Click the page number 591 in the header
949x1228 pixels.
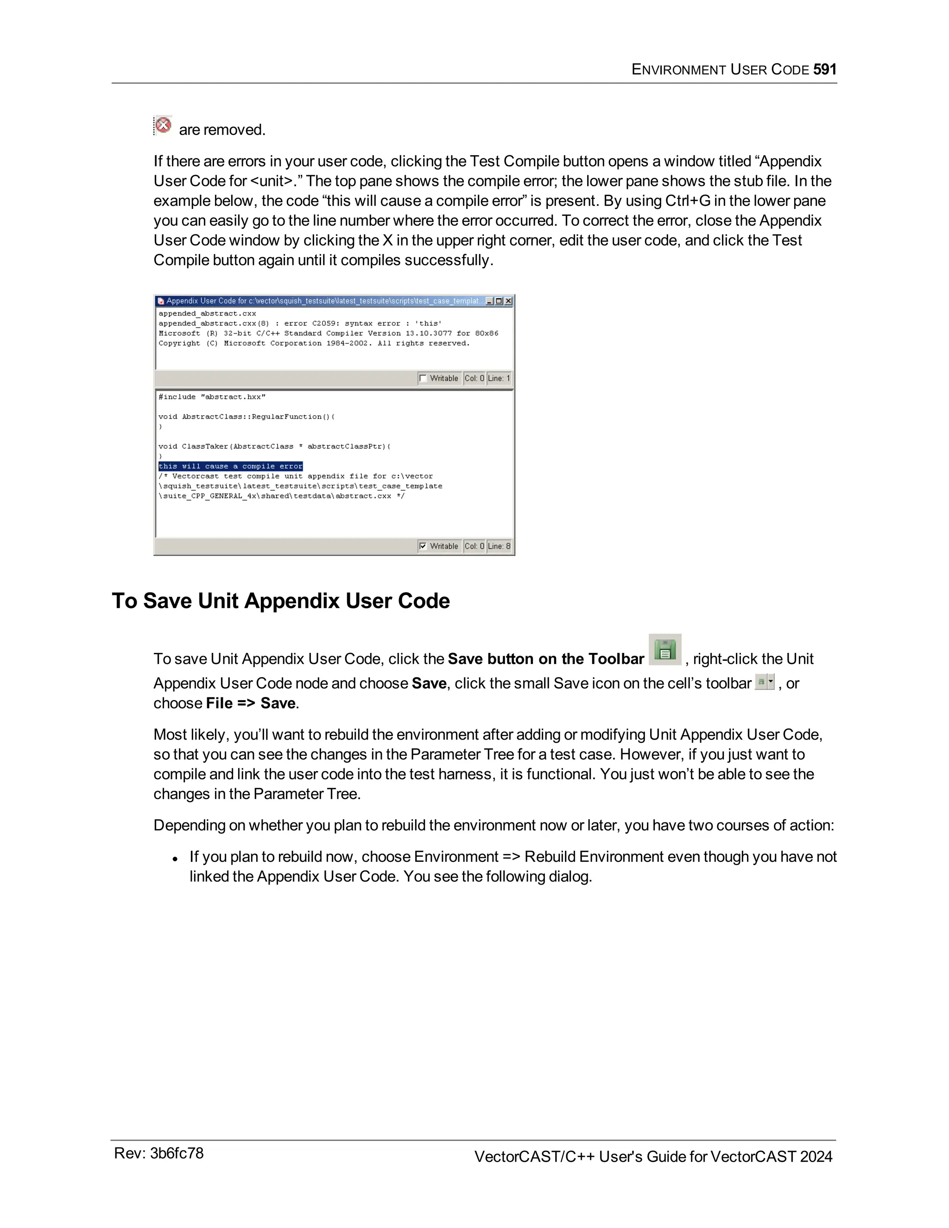coord(825,70)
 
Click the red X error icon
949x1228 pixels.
coord(163,125)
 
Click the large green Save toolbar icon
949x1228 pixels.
coord(664,650)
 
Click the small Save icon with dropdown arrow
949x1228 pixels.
coord(764,682)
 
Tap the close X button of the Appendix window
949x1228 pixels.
coord(508,301)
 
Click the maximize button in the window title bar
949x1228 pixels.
coord(499,301)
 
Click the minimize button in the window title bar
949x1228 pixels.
coord(490,301)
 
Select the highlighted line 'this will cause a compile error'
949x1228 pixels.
coord(230,466)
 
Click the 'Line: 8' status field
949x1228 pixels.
coord(499,546)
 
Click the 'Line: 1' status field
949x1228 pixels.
coord(499,379)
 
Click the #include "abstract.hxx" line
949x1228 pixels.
coord(211,397)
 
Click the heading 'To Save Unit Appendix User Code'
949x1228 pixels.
coord(280,601)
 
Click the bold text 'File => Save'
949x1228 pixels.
coord(251,703)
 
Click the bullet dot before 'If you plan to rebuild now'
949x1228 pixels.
coord(176,859)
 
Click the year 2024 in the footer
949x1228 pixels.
coord(816,1157)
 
